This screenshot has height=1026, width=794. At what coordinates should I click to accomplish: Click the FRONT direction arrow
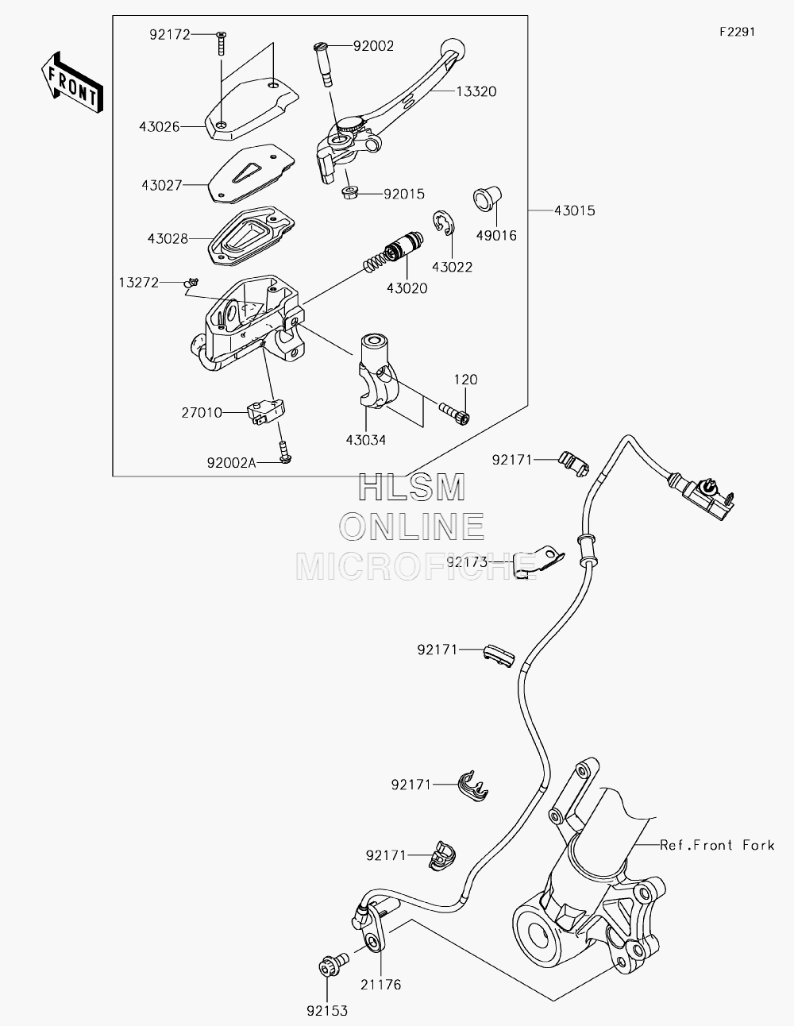coord(71,82)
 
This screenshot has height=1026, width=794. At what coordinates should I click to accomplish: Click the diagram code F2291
coord(738,32)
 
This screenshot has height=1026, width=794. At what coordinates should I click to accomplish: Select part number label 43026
coord(159,126)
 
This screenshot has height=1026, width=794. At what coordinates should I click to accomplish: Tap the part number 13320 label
coord(476,91)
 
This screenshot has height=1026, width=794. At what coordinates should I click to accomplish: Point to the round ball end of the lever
coord(453,49)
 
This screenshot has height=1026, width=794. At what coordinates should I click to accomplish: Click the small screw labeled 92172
coord(222,43)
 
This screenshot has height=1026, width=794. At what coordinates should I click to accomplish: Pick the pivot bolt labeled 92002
coord(322,64)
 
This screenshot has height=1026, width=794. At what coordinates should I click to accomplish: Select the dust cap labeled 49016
coord(488,199)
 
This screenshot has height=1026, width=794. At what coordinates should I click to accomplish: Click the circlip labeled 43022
coord(444,222)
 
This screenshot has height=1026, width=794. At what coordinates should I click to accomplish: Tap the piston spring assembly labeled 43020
coord(393,252)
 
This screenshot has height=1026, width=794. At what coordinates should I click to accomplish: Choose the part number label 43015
coord(575,210)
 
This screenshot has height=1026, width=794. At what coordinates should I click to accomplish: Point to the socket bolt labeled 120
coord(455,411)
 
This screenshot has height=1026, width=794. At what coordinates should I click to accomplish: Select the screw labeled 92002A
coord(285,452)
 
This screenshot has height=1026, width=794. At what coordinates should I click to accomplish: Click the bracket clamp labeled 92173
coord(538,562)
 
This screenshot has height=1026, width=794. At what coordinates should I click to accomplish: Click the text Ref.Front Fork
coord(717,845)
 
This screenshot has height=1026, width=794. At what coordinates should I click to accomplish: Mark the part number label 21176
coord(380,985)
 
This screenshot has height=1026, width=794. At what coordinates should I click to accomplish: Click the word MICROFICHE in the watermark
coord(416,566)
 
